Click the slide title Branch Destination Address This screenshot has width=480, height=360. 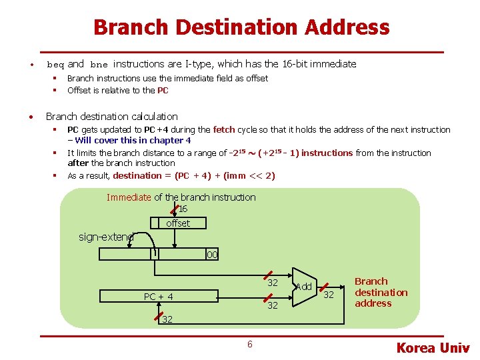[241, 27]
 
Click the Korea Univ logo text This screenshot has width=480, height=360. [433, 347]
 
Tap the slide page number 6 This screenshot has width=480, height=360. [249, 344]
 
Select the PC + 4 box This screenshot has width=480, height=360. [159, 297]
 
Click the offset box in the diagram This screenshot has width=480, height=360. [178, 223]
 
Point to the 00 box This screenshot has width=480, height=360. [212, 255]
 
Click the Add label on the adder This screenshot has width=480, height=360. [303, 287]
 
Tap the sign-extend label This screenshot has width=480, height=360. [106, 237]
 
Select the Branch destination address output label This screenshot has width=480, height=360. [381, 292]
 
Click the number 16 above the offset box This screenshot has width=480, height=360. [183, 209]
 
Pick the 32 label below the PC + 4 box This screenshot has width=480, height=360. [167, 319]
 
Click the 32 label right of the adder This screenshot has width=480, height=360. [329, 295]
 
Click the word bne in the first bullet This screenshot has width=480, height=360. [99, 65]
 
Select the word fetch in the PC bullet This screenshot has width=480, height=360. [224, 129]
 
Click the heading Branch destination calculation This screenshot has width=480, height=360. [111, 116]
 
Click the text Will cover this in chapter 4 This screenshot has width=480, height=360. [133, 140]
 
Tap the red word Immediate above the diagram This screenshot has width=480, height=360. [129, 197]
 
